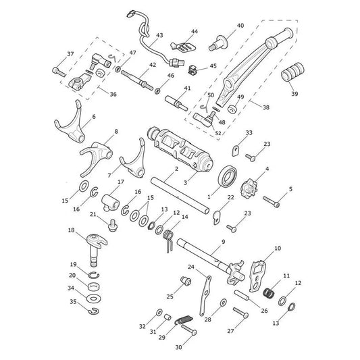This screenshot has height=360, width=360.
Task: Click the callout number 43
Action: pyautogui.click(x=159, y=35)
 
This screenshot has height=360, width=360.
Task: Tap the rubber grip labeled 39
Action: pyautogui.click(x=292, y=72)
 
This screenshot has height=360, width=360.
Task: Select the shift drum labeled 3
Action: pyautogui.click(x=180, y=149)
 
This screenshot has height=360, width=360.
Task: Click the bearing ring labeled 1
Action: pyautogui.click(x=228, y=176)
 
